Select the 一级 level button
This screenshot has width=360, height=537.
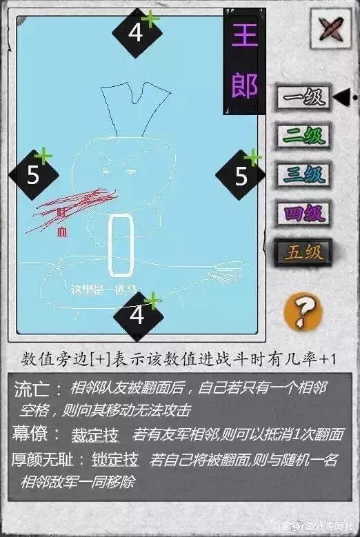pyautogui.click(x=303, y=98)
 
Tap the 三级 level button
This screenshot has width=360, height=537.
pyautogui.click(x=303, y=174)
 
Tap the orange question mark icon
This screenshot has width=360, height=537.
pyautogui.click(x=304, y=309)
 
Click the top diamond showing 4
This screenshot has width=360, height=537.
pyautogui.click(x=137, y=32)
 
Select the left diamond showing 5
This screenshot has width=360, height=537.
pyautogui.click(x=33, y=176)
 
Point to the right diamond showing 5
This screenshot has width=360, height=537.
pyautogui.click(x=241, y=176)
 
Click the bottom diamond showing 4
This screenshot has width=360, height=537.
pyautogui.click(x=137, y=315)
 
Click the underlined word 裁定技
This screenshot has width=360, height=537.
pyautogui.click(x=95, y=436)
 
